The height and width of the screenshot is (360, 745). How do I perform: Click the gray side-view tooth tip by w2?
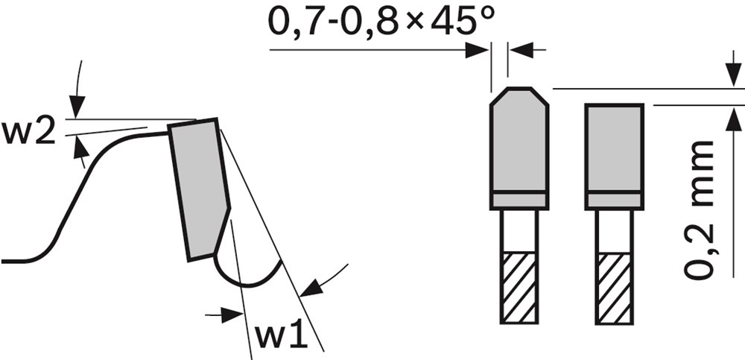[199, 189]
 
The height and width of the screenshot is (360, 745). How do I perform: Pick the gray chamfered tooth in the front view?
[519, 148]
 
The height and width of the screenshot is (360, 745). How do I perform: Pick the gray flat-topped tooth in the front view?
[615, 157]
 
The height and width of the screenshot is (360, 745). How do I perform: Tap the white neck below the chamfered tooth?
[519, 231]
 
